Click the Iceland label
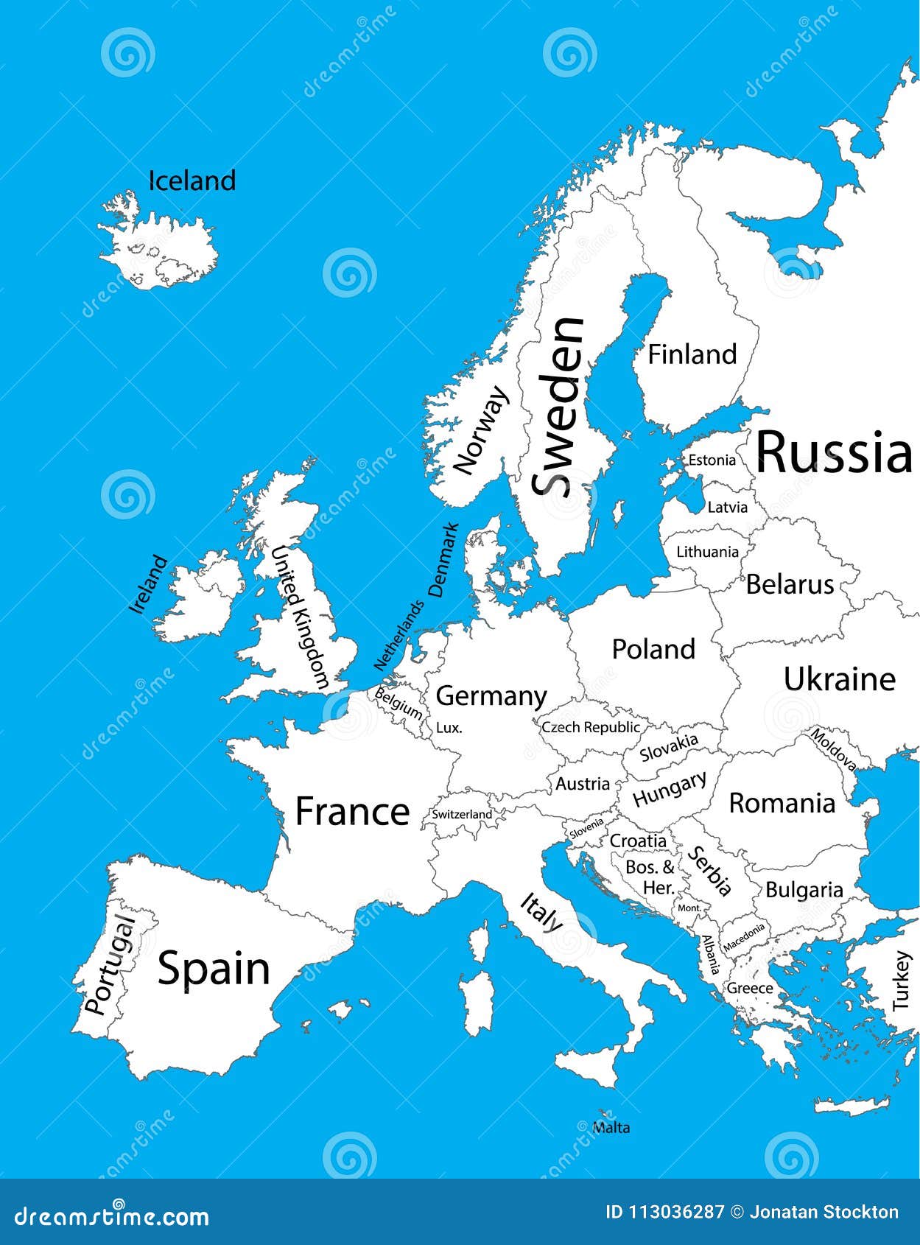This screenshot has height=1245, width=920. click(x=192, y=180)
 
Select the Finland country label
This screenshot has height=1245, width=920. click(x=692, y=354)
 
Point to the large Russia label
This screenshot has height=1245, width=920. click(x=834, y=452)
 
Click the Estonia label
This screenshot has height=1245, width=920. click(x=712, y=460)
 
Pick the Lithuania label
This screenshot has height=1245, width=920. click(x=707, y=552)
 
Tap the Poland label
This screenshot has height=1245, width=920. click(x=653, y=649)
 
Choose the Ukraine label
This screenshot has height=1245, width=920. click(x=839, y=679)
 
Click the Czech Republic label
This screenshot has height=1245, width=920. click(x=591, y=727)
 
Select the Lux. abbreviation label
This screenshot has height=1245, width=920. click(x=449, y=728)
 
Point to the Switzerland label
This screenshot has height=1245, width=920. click(x=461, y=814)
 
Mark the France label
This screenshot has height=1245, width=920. click(x=352, y=812)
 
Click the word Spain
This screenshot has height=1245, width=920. click(x=214, y=968)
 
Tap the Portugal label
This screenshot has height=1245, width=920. click(x=109, y=965)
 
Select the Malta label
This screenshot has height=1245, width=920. click(x=611, y=1127)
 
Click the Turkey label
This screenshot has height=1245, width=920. click(x=902, y=981)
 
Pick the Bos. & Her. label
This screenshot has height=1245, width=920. click(x=650, y=877)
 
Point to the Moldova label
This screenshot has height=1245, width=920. click(x=833, y=749)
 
